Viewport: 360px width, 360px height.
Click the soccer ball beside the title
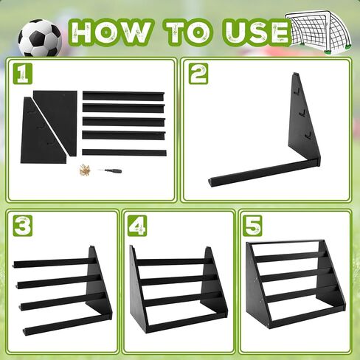pos(40,38)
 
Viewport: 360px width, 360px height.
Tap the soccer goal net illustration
pos(318,32)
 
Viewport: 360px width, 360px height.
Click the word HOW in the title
pos(111,32)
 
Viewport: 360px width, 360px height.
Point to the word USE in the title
pos(257,32)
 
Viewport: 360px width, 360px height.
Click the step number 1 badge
pos(23,73)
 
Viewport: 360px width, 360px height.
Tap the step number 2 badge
pos(198,74)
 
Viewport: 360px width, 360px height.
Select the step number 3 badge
pos(23,226)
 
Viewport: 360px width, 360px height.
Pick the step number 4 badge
pos(137,226)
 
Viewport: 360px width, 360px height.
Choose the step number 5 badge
pos(252,226)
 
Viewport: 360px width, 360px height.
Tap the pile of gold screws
pos(85,170)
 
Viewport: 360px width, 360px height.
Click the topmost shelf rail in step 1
pos(123,95)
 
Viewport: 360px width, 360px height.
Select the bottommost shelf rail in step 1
pos(124,152)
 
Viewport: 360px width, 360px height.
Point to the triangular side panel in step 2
pos(304,120)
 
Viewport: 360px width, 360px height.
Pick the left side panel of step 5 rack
pos(257,286)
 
